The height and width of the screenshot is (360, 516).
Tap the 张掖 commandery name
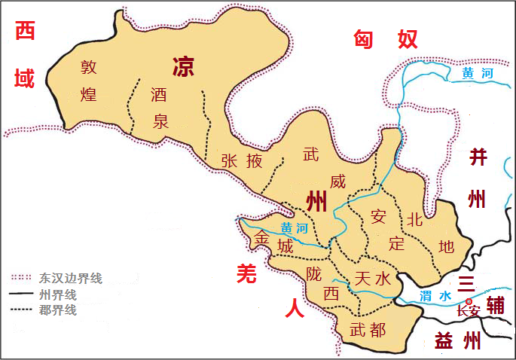coord(243,160)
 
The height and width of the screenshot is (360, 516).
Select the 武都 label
coord(368,329)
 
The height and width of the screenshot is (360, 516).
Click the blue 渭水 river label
coord(436,296)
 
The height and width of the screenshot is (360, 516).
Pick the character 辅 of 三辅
coord(495,305)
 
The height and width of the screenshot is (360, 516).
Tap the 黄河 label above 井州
coord(478,74)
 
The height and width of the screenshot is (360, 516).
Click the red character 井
coord(478,157)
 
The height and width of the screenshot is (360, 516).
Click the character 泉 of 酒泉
coord(160,121)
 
